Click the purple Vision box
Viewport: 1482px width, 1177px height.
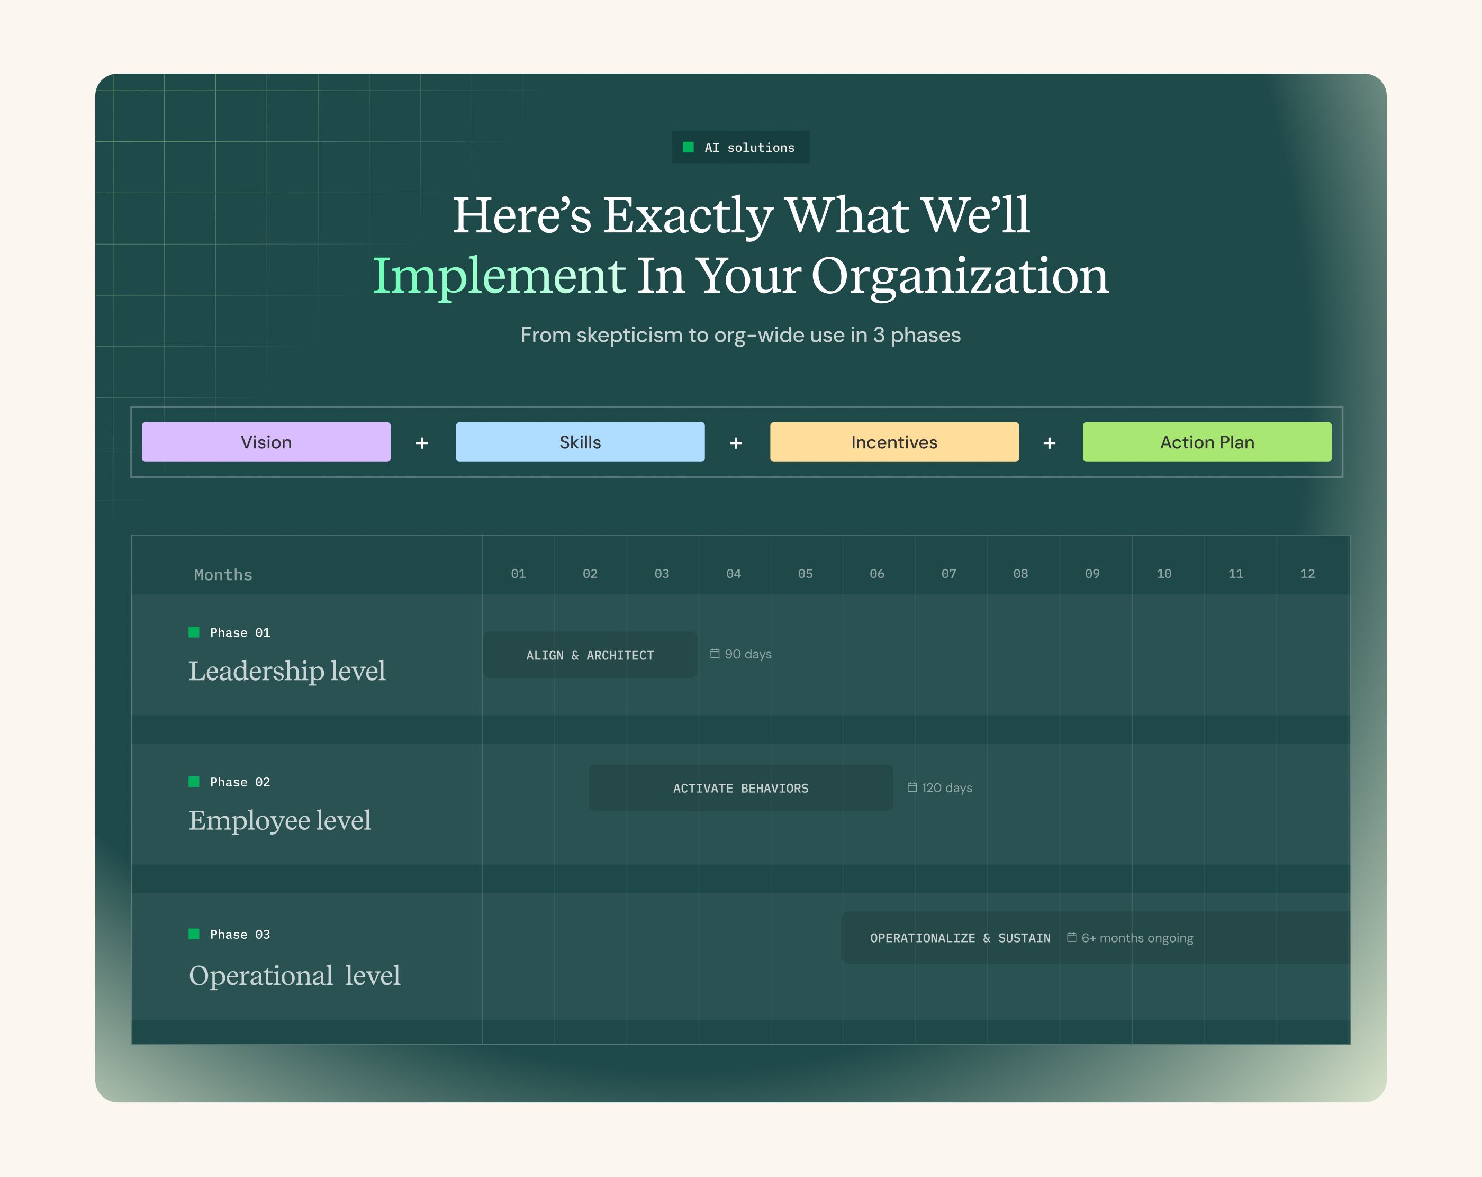tap(266, 442)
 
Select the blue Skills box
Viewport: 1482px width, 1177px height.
tap(580, 442)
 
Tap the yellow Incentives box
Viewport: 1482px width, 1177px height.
tap(894, 442)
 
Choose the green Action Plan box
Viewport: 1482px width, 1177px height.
tap(1207, 442)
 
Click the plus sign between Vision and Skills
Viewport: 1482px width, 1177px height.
tap(422, 443)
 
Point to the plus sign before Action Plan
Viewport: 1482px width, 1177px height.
tap(1050, 443)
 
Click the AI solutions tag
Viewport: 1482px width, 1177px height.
tap(740, 147)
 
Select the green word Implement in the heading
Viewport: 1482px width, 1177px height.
tap(499, 276)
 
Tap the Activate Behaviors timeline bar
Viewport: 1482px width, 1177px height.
tap(740, 788)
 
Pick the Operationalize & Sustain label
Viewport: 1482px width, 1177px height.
tap(960, 938)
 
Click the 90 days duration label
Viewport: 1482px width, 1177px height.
tap(741, 654)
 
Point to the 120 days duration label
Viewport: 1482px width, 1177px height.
tap(939, 788)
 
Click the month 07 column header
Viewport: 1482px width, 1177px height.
tap(948, 573)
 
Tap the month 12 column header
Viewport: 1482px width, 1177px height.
tap(1307, 573)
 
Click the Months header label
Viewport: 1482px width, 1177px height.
tap(223, 575)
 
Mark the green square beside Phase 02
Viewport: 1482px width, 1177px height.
tap(194, 782)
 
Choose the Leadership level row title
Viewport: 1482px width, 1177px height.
tap(287, 671)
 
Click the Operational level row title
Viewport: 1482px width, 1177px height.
tap(294, 975)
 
